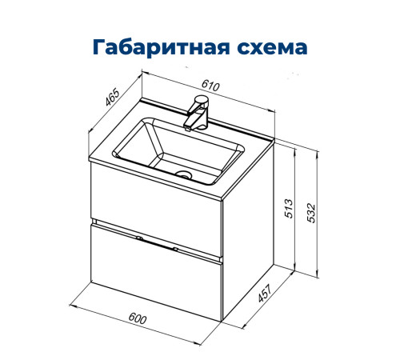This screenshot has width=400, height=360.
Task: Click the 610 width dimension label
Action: (210, 86)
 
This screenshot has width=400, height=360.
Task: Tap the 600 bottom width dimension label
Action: (139, 319)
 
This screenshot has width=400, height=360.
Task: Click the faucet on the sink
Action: (195, 113)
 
